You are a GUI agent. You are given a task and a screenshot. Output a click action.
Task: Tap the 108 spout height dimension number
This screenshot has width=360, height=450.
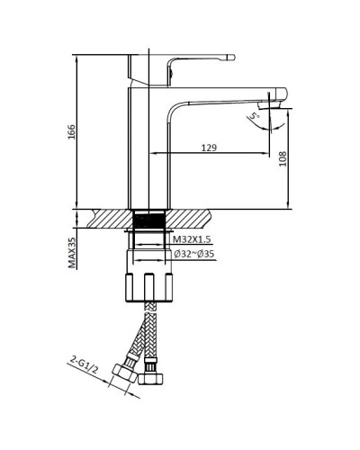[282, 159]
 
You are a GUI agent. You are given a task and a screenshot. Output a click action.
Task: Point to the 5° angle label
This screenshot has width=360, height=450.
[255, 116]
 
